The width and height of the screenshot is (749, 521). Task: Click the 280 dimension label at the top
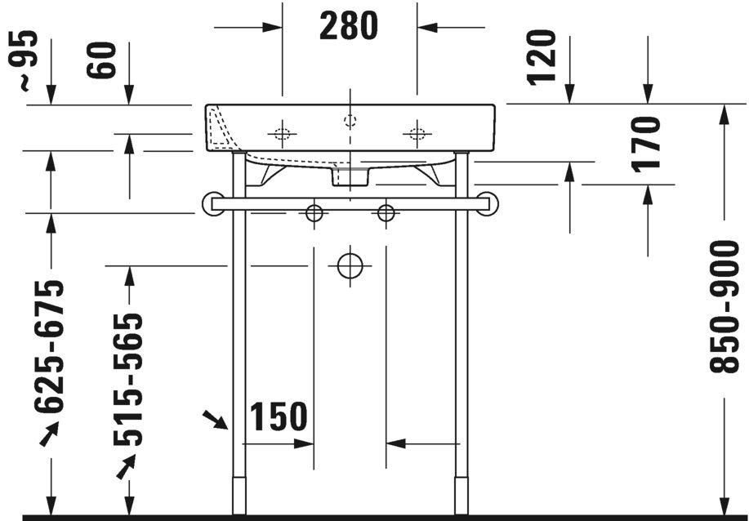(x=349, y=27)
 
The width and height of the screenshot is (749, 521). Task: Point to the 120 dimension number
(x=542, y=57)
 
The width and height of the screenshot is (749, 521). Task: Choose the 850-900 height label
(x=724, y=306)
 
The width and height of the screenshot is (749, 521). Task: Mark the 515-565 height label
(x=128, y=381)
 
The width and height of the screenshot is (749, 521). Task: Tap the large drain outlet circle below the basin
(x=350, y=265)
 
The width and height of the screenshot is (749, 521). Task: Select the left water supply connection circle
(x=314, y=213)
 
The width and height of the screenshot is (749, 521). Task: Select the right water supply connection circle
(x=386, y=213)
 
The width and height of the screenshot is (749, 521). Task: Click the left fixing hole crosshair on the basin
(x=282, y=134)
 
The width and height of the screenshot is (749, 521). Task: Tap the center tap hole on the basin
(x=350, y=121)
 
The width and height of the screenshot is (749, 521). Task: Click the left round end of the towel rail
(x=212, y=203)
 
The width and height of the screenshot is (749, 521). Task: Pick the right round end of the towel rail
(x=488, y=203)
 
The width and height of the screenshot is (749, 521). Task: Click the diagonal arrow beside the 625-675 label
(x=50, y=432)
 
